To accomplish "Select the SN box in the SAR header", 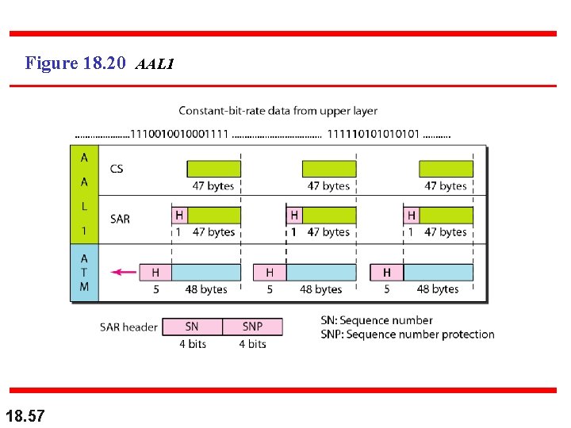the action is point(192,327).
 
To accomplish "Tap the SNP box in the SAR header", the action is point(252,327).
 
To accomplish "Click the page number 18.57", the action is point(25,414).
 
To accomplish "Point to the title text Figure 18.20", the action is point(75,63).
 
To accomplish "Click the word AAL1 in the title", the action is point(155,63).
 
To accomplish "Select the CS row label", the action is point(117,169).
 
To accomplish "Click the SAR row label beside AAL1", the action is point(120,218).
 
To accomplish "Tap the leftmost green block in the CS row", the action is point(213,169).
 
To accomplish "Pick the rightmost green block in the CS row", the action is point(446,169).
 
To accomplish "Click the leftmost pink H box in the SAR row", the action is point(179,215).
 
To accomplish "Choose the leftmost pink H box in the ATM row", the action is point(155,273).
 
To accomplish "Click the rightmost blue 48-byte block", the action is point(439,273).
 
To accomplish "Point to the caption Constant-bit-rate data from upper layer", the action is point(278,111).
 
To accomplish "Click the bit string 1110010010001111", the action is point(180,133).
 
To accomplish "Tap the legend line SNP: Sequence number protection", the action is point(408,334).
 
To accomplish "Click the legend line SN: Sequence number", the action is point(377,320).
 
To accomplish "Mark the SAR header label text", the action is point(128,327).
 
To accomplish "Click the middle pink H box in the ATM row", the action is point(270,273).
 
